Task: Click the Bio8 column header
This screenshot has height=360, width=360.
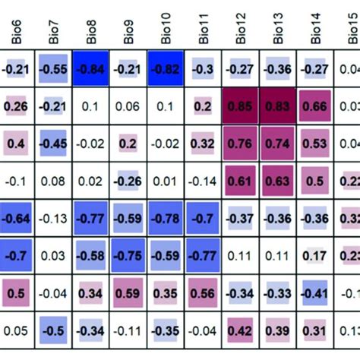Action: point(92,32)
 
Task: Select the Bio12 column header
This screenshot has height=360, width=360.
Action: point(241,32)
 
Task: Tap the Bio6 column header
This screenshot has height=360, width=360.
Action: point(17,32)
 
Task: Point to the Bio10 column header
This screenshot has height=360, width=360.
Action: point(166,32)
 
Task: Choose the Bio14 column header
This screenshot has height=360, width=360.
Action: point(315,32)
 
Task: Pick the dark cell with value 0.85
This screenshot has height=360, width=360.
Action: point(241,106)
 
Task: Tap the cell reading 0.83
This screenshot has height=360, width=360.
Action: point(278,106)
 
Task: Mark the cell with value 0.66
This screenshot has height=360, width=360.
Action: point(315,106)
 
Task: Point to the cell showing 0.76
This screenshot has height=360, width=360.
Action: point(241,144)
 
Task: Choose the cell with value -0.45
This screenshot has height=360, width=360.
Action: point(55,144)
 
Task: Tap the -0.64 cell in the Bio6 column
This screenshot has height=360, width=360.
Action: point(17,218)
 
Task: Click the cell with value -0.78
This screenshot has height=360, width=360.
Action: point(166,218)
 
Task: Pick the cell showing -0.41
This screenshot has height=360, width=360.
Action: point(315,292)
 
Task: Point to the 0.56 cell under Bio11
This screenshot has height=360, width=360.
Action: point(204,292)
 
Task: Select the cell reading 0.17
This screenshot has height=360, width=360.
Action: point(315,255)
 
